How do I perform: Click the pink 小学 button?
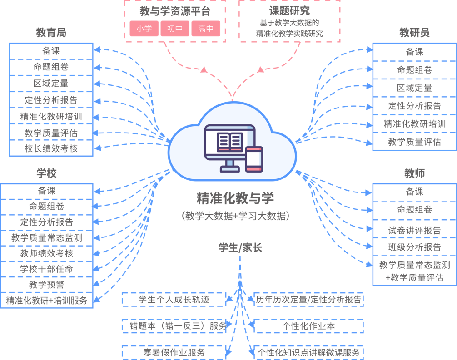(144, 29)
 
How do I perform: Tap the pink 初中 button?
(175, 29)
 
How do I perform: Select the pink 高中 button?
(206, 29)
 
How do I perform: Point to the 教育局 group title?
(51, 33)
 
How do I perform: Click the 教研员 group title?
(414, 33)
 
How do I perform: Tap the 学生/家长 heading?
(240, 247)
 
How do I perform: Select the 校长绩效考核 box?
(51, 148)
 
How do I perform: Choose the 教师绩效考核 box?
(46, 253)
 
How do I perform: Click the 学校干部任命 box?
(46, 269)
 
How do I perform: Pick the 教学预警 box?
(46, 285)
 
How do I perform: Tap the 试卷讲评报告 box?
(414, 230)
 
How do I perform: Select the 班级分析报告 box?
(414, 247)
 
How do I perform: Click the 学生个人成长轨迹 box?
(174, 300)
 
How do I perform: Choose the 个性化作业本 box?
(308, 326)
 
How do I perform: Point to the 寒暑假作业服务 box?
(174, 352)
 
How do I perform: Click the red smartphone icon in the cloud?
(254, 159)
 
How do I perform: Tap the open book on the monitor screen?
(229, 142)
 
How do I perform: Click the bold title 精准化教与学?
(235, 198)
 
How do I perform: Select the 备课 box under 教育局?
(51, 51)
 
